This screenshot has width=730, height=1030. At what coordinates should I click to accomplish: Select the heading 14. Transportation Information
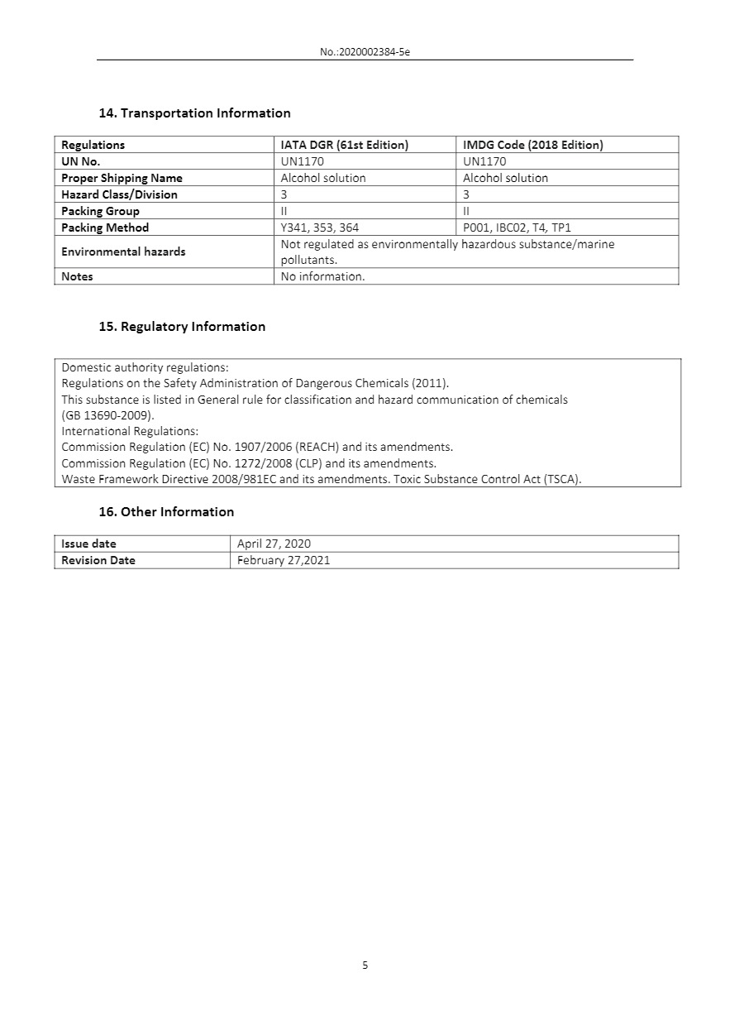[x=194, y=113]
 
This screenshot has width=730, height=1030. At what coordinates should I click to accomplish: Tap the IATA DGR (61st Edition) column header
[x=345, y=145]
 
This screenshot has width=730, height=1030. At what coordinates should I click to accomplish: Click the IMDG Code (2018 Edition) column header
[x=532, y=145]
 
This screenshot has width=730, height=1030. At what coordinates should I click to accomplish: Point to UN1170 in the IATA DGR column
[x=303, y=161]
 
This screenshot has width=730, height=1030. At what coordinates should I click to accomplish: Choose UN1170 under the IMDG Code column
[x=484, y=161]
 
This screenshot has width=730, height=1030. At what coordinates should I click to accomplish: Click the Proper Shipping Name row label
[x=122, y=178]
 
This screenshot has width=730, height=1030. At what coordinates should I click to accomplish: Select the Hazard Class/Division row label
[x=119, y=194]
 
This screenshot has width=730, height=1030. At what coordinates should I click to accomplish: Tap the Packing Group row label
[x=100, y=211]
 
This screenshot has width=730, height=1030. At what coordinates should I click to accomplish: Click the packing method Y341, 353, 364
[x=320, y=228]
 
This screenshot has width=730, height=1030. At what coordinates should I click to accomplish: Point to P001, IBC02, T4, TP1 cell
[x=517, y=228]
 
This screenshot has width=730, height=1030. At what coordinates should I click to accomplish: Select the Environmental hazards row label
[x=123, y=252]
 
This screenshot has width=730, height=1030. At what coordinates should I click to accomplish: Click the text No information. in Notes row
[x=322, y=276]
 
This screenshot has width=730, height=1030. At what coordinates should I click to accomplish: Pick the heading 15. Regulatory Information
[x=182, y=327]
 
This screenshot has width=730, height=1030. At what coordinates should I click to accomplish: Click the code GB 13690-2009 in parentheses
[x=107, y=415]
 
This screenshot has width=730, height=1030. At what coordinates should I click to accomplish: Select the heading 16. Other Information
[x=166, y=512]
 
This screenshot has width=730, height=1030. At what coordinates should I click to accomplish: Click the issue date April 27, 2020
[x=274, y=544]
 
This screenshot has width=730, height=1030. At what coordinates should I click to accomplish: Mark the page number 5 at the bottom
[x=365, y=965]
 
